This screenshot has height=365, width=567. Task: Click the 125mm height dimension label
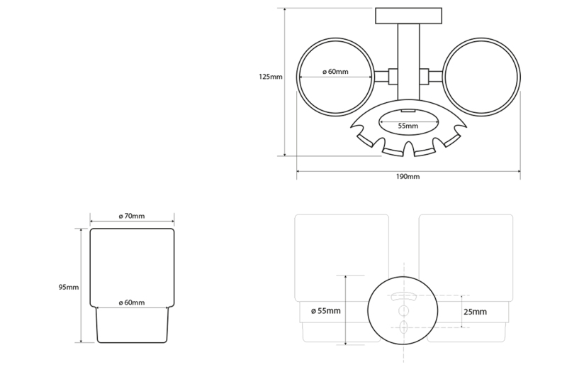point(271,77)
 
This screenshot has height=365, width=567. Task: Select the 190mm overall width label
point(408,177)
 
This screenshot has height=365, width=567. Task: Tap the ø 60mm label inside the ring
point(335,72)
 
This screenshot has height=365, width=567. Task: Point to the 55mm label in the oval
point(408,126)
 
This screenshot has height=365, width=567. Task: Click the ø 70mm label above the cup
point(132,216)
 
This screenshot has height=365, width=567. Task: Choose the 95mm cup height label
point(69,287)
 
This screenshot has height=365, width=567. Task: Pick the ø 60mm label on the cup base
point(132,303)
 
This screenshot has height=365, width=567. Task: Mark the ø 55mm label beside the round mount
point(326,310)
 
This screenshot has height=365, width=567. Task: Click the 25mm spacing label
point(475,312)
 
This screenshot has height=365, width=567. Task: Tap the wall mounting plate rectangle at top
point(409,16)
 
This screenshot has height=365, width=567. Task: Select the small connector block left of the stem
point(393,77)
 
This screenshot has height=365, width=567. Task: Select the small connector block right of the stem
point(425,77)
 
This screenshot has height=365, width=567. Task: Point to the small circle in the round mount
point(403,310)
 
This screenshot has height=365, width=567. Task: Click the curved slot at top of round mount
point(403,296)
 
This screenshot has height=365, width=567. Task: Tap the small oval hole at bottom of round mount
point(404,327)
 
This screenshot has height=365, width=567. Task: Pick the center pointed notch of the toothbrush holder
point(409,148)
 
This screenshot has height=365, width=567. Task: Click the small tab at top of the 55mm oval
point(408,111)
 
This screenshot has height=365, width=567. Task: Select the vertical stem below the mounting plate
point(409,62)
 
